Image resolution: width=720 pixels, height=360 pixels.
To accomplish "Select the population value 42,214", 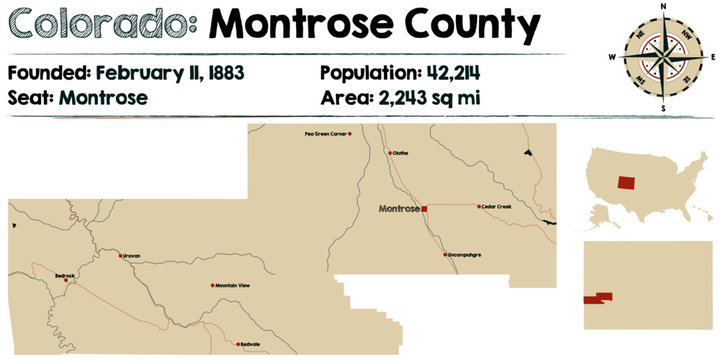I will [x=444, y=73].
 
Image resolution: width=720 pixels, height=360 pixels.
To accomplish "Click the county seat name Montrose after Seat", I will [x=103, y=98].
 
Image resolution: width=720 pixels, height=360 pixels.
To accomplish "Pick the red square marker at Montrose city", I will [x=424, y=209].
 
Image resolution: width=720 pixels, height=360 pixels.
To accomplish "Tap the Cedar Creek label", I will [x=497, y=206].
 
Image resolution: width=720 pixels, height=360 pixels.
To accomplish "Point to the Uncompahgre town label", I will [x=464, y=255].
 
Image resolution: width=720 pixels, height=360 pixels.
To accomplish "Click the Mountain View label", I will [x=233, y=285].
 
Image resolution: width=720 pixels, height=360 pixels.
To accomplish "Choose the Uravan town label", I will [x=132, y=256].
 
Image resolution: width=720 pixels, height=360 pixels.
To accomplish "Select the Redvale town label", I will [x=249, y=344].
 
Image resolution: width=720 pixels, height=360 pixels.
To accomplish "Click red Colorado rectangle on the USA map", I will [x=626, y=183].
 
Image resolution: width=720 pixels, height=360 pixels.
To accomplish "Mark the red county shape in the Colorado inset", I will [x=598, y=298].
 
